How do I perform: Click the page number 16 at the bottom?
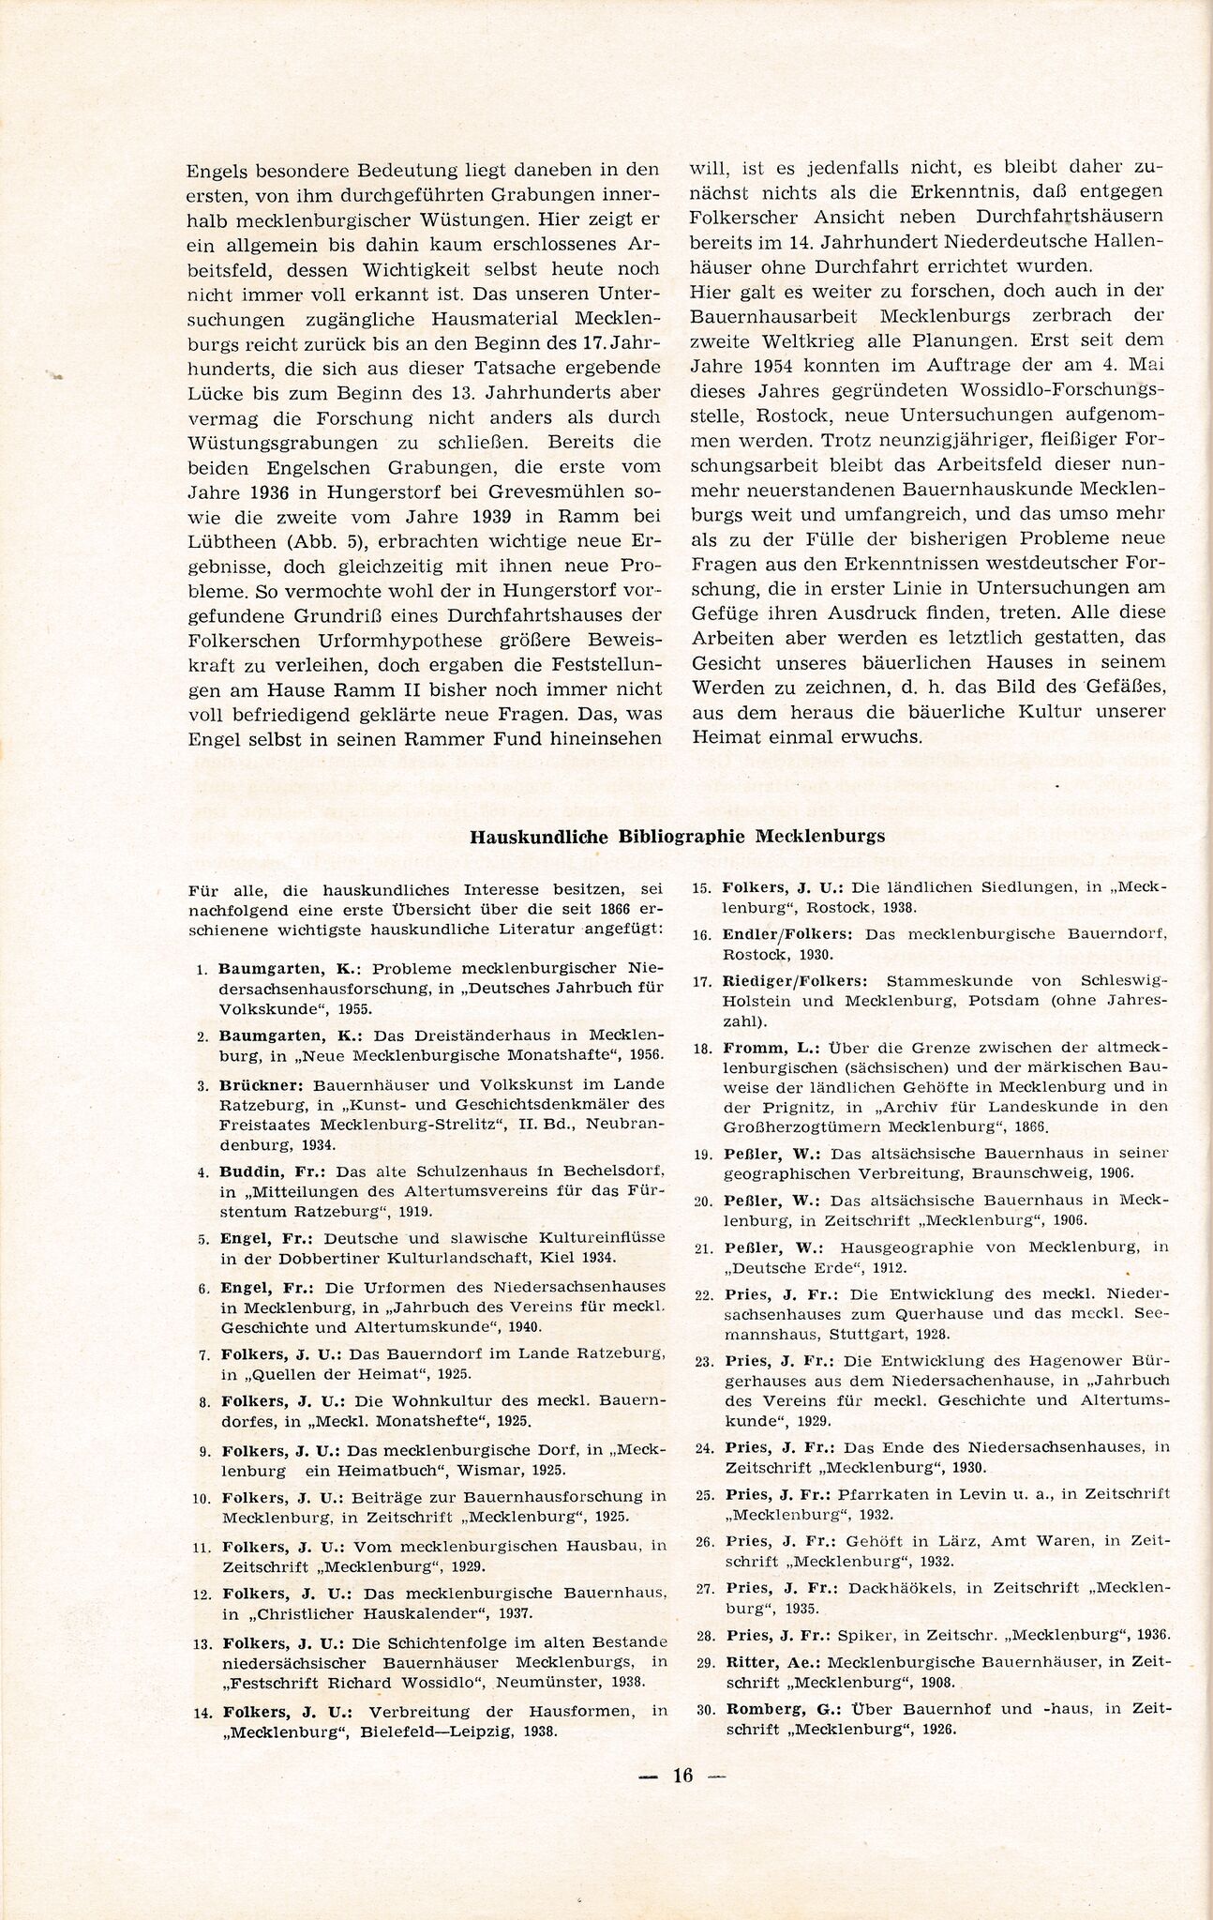coord(682,1774)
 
